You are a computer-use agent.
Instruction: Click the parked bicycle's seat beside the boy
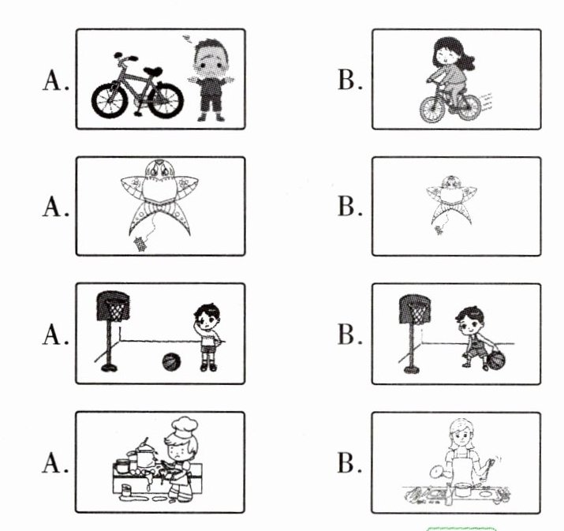tap(152, 71)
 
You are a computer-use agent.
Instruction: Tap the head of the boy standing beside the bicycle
tap(211, 58)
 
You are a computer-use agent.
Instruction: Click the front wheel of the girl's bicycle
tap(433, 110)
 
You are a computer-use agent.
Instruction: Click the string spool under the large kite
tap(140, 244)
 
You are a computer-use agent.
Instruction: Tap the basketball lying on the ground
tap(171, 362)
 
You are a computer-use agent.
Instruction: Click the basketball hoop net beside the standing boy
tap(116, 310)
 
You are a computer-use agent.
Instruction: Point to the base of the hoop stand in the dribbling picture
tap(412, 369)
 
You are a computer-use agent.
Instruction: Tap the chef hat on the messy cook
tap(185, 427)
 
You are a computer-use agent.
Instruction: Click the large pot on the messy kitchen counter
tap(145, 454)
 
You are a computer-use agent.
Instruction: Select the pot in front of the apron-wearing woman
tap(463, 490)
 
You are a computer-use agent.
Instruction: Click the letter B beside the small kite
tap(350, 206)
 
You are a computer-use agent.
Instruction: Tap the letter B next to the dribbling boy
tap(350, 335)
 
